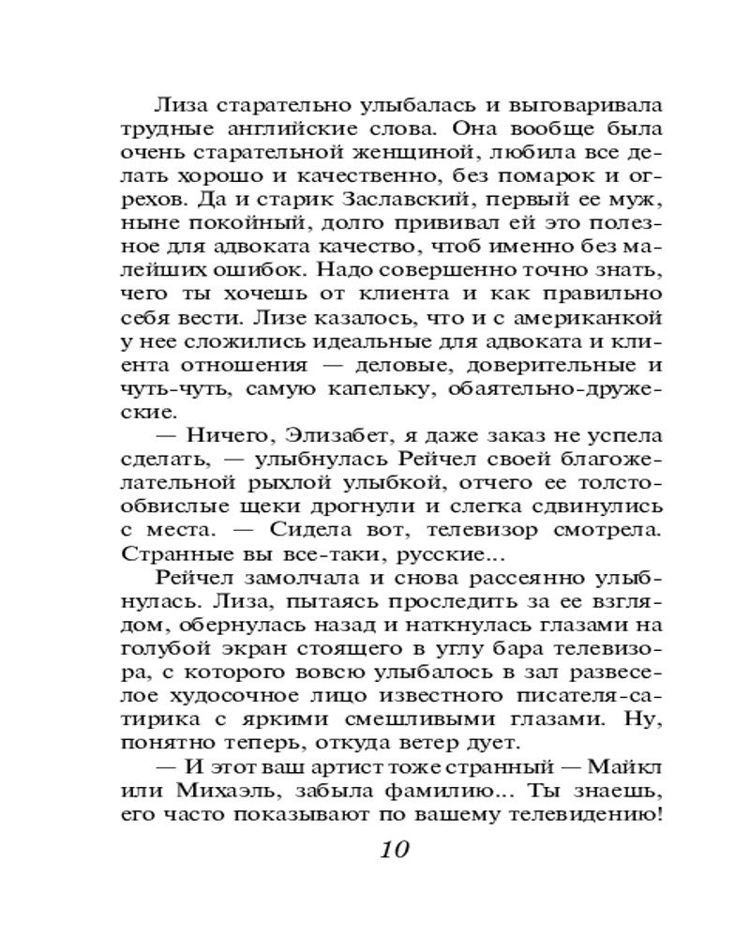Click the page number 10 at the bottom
coord(395,851)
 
